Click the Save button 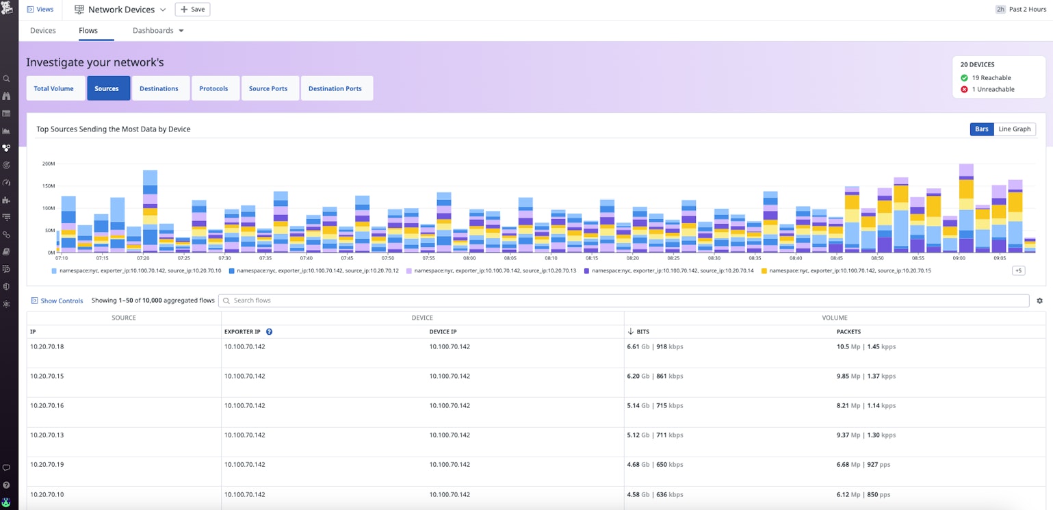(192, 10)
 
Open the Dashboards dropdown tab (158, 31)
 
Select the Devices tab (43, 31)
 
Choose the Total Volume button (54, 88)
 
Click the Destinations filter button (159, 88)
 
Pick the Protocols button (213, 88)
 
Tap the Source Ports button (268, 88)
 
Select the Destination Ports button (335, 88)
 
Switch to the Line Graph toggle (1014, 129)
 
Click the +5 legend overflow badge (1018, 271)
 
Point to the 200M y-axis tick (48, 164)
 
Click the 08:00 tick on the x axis (469, 258)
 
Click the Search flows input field (623, 301)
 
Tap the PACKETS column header (848, 332)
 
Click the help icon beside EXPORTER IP (269, 332)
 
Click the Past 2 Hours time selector (1021, 10)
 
